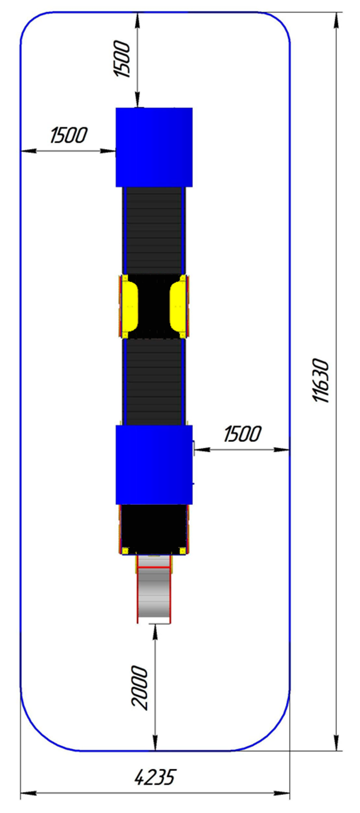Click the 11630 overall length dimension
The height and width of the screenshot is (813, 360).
click(x=321, y=380)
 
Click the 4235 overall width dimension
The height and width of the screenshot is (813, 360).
click(x=155, y=777)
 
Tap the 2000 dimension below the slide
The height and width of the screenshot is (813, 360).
click(x=140, y=687)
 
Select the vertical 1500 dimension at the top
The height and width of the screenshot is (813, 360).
click(x=122, y=59)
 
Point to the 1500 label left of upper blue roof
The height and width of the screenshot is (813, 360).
click(x=69, y=135)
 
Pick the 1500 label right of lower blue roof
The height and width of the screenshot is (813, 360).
click(x=242, y=434)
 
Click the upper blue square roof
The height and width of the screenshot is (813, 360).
click(x=154, y=147)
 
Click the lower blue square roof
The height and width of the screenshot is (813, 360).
click(x=154, y=465)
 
